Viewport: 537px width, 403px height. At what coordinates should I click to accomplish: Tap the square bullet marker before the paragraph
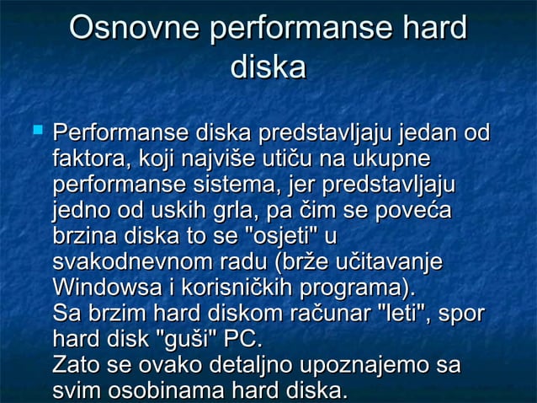tap(35, 131)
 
